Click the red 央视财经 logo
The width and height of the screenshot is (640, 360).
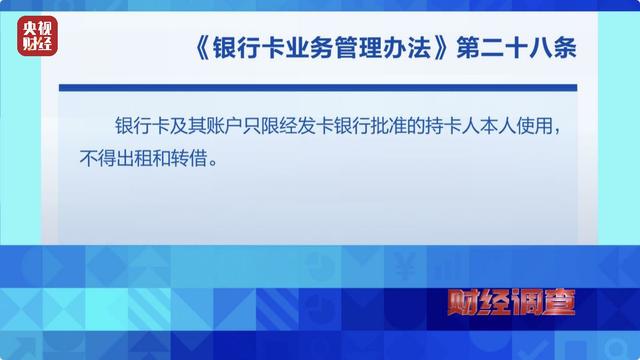tap(37, 36)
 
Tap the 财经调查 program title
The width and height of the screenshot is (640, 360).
tap(511, 302)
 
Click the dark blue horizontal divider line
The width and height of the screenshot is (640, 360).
tap(318, 88)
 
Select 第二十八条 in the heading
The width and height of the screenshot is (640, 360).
tap(516, 48)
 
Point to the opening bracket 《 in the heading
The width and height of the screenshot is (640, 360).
tap(201, 48)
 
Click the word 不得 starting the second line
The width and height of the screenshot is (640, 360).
tap(97, 158)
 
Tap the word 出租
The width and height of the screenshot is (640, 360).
tap(133, 158)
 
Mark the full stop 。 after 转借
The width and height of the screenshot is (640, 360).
tap(212, 163)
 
